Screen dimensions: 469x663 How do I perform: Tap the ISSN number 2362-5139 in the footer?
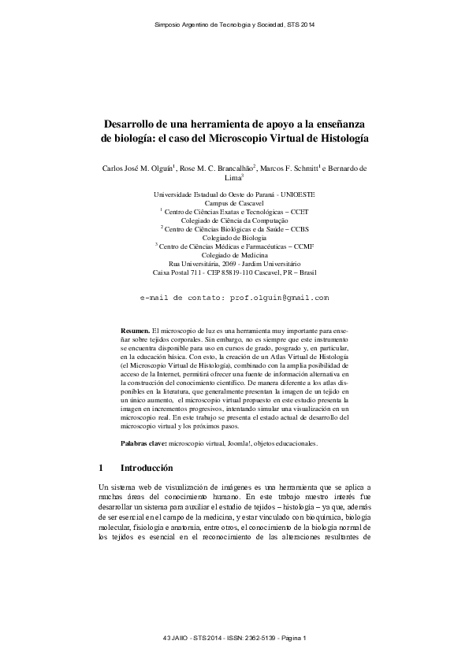pos(248,636)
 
